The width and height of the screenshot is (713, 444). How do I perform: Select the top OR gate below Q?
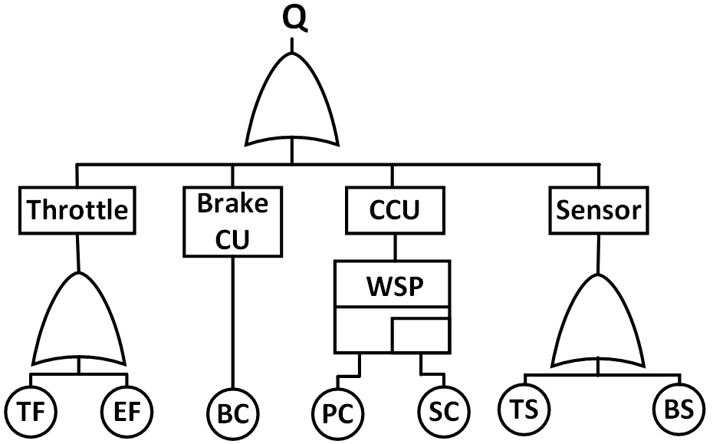pos(292,104)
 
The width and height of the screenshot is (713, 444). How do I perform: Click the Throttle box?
pos(77,209)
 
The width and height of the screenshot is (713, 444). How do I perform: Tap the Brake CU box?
pos(232,222)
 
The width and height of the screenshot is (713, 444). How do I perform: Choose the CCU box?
pos(394,209)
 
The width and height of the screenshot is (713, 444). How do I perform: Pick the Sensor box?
pos(598,209)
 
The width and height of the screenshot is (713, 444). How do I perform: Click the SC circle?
pos(443,413)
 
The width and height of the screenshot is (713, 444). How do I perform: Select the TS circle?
pos(524,411)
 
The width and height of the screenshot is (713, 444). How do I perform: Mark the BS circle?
pos(678,411)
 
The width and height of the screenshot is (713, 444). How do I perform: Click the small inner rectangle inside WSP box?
pos(420,334)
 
